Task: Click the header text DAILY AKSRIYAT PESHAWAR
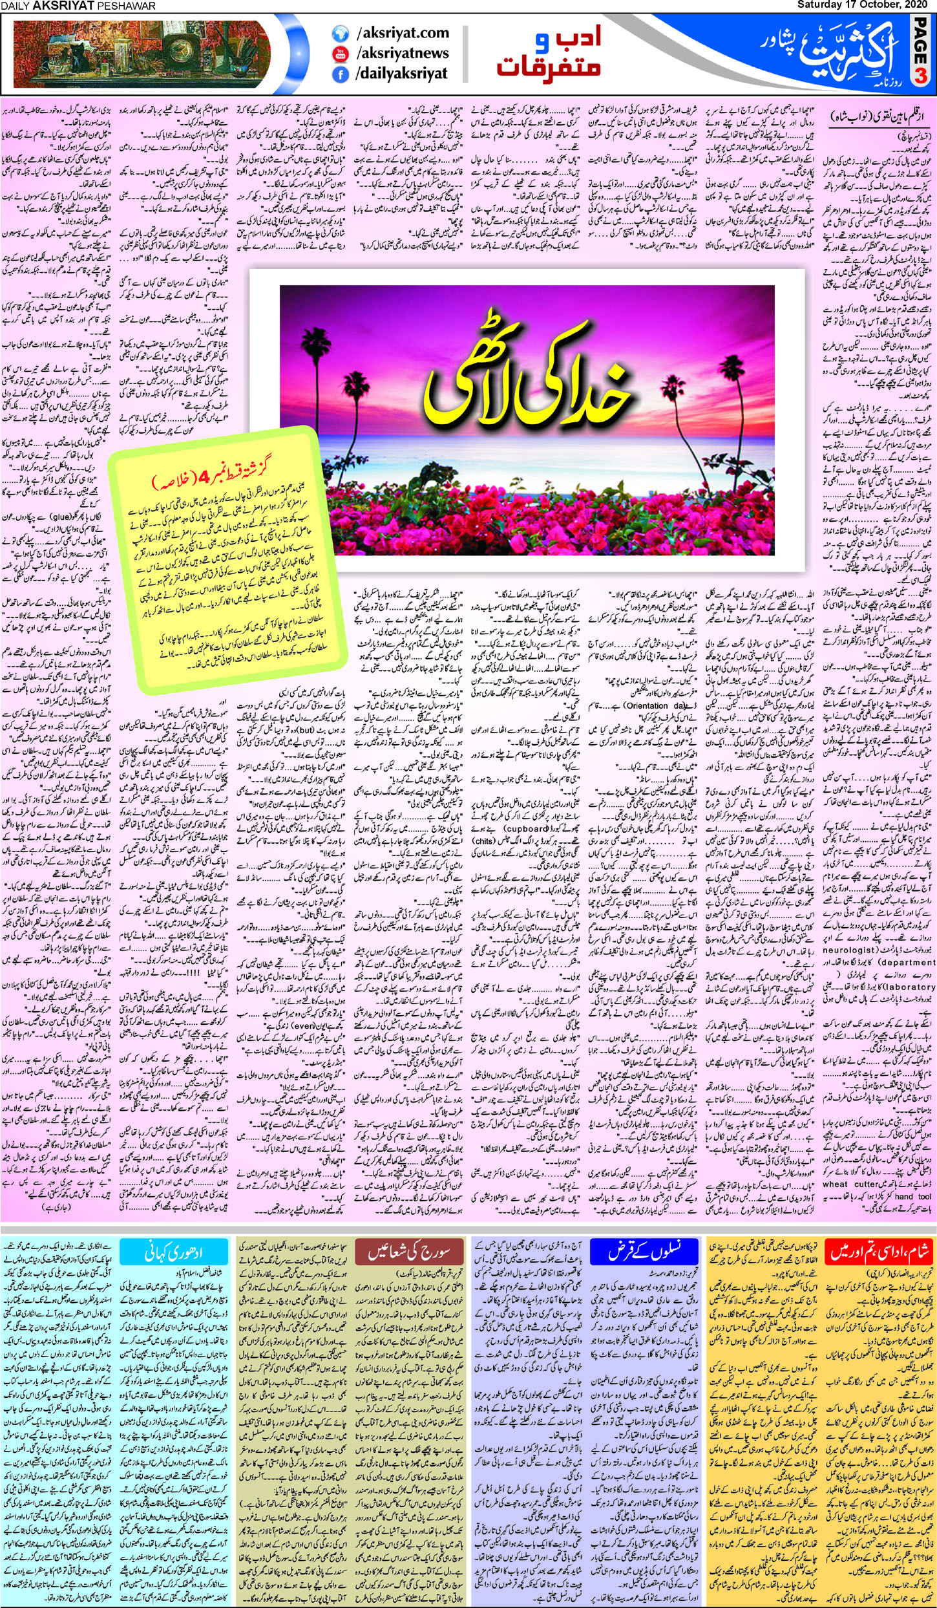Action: [78, 6]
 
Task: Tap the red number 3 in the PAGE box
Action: [920, 76]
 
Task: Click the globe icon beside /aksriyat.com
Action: [340, 33]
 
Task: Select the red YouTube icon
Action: [340, 54]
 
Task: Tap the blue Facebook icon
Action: [340, 74]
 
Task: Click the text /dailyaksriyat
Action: [401, 74]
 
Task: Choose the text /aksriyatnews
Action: [402, 53]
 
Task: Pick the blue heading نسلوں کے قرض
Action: [644, 1253]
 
